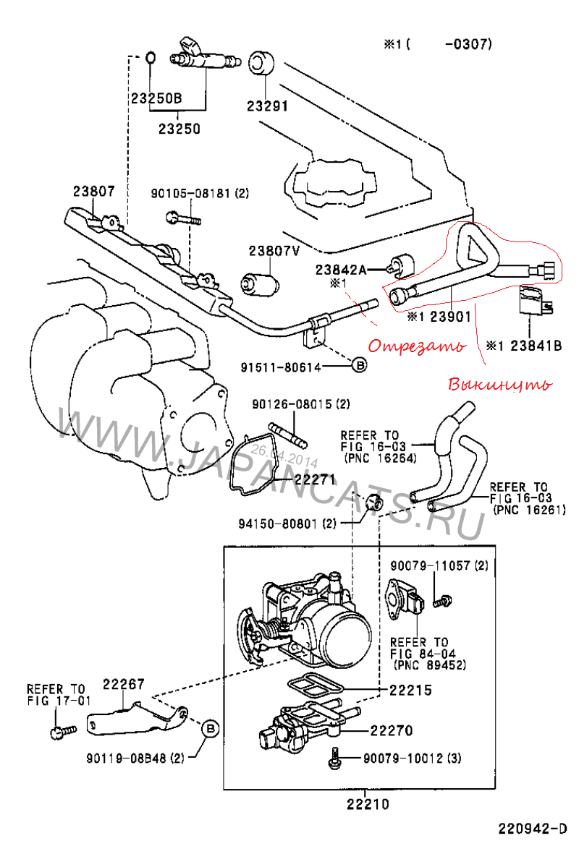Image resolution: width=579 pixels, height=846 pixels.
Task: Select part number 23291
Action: click(267, 106)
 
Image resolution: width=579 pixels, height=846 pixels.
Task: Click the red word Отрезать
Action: click(415, 346)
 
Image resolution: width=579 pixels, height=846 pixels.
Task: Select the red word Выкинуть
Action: click(499, 383)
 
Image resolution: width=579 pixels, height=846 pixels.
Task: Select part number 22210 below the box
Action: click(367, 803)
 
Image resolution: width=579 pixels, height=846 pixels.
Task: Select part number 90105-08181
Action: click(192, 194)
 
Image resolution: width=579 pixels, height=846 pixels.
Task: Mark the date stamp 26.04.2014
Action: click(284, 456)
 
